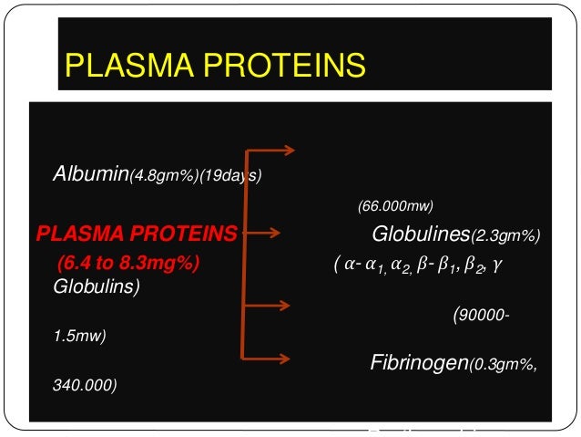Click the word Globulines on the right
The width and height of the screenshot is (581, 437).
click(x=421, y=235)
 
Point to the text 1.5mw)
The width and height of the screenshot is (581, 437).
click(x=79, y=336)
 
